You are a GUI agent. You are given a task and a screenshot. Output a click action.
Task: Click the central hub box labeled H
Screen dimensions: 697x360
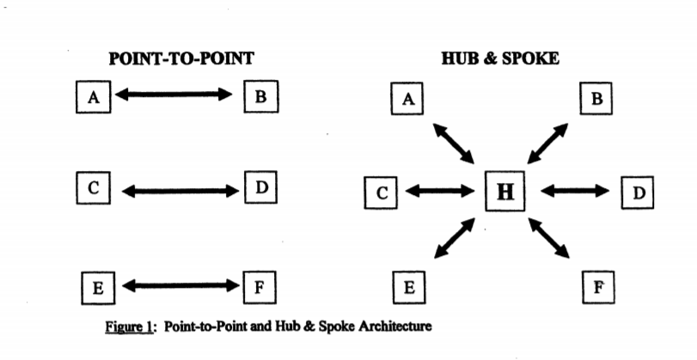(x=504, y=191)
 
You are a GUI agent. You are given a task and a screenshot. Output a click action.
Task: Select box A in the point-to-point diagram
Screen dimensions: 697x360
(x=94, y=97)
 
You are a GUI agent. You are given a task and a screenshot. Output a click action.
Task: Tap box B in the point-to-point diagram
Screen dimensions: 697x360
(x=261, y=96)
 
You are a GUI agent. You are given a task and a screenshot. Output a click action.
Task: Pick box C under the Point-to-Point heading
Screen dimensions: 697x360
(x=94, y=188)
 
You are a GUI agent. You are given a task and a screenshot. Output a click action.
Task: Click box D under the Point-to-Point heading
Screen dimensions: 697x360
(x=261, y=187)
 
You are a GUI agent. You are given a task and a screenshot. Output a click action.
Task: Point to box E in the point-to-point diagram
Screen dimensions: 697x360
(x=98, y=289)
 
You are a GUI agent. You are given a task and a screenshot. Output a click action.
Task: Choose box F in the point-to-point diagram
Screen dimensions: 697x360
(x=260, y=288)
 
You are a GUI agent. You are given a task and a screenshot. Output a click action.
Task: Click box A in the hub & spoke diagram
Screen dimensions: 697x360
(x=407, y=99)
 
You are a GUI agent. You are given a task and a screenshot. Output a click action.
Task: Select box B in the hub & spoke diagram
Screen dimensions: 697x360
(x=596, y=98)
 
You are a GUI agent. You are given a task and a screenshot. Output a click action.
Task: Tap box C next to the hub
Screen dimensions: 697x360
(x=381, y=193)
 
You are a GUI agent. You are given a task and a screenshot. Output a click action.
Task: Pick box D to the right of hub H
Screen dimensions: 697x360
(x=638, y=192)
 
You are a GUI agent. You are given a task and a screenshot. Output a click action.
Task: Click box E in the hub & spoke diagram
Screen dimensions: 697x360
(x=409, y=288)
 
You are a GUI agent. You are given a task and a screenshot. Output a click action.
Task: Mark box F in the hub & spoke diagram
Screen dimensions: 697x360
(x=599, y=288)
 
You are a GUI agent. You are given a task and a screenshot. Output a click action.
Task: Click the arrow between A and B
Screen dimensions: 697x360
(x=174, y=95)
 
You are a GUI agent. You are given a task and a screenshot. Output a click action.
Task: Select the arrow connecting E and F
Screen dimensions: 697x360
(x=180, y=286)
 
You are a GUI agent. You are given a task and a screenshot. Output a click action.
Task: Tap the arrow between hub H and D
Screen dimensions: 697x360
(x=575, y=191)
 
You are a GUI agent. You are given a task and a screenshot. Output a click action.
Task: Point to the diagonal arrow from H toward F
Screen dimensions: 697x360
(x=549, y=238)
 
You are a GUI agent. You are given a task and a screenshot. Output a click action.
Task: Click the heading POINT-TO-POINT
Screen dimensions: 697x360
(x=181, y=58)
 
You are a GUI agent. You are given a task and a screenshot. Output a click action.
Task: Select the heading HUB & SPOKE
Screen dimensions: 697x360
(x=500, y=58)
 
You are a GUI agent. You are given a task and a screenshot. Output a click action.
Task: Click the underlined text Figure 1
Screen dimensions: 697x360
(x=129, y=326)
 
